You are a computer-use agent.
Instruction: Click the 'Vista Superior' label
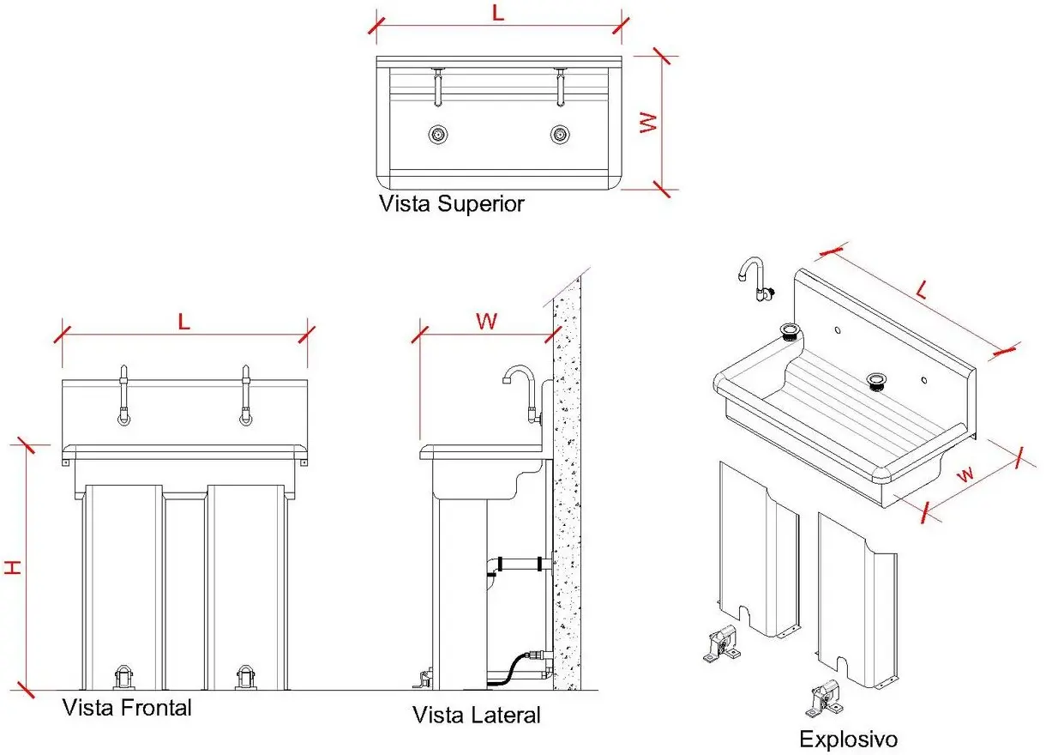pyautogui.click(x=451, y=204)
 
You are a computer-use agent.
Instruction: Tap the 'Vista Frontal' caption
pyautogui.click(x=127, y=708)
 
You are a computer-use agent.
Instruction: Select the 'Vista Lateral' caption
pyautogui.click(x=477, y=715)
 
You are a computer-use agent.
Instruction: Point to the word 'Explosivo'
pyautogui.click(x=848, y=739)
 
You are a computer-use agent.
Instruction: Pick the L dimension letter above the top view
pyautogui.click(x=499, y=14)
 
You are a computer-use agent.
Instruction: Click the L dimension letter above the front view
pyautogui.click(x=183, y=321)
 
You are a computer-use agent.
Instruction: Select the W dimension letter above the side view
pyautogui.click(x=486, y=321)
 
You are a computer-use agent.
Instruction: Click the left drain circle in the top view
pyautogui.click(x=438, y=134)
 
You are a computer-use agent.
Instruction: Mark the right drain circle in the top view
pyautogui.click(x=560, y=134)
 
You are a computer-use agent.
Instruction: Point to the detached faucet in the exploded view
pyautogui.click(x=755, y=280)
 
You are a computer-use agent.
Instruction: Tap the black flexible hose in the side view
pyautogui.click(x=509, y=667)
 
